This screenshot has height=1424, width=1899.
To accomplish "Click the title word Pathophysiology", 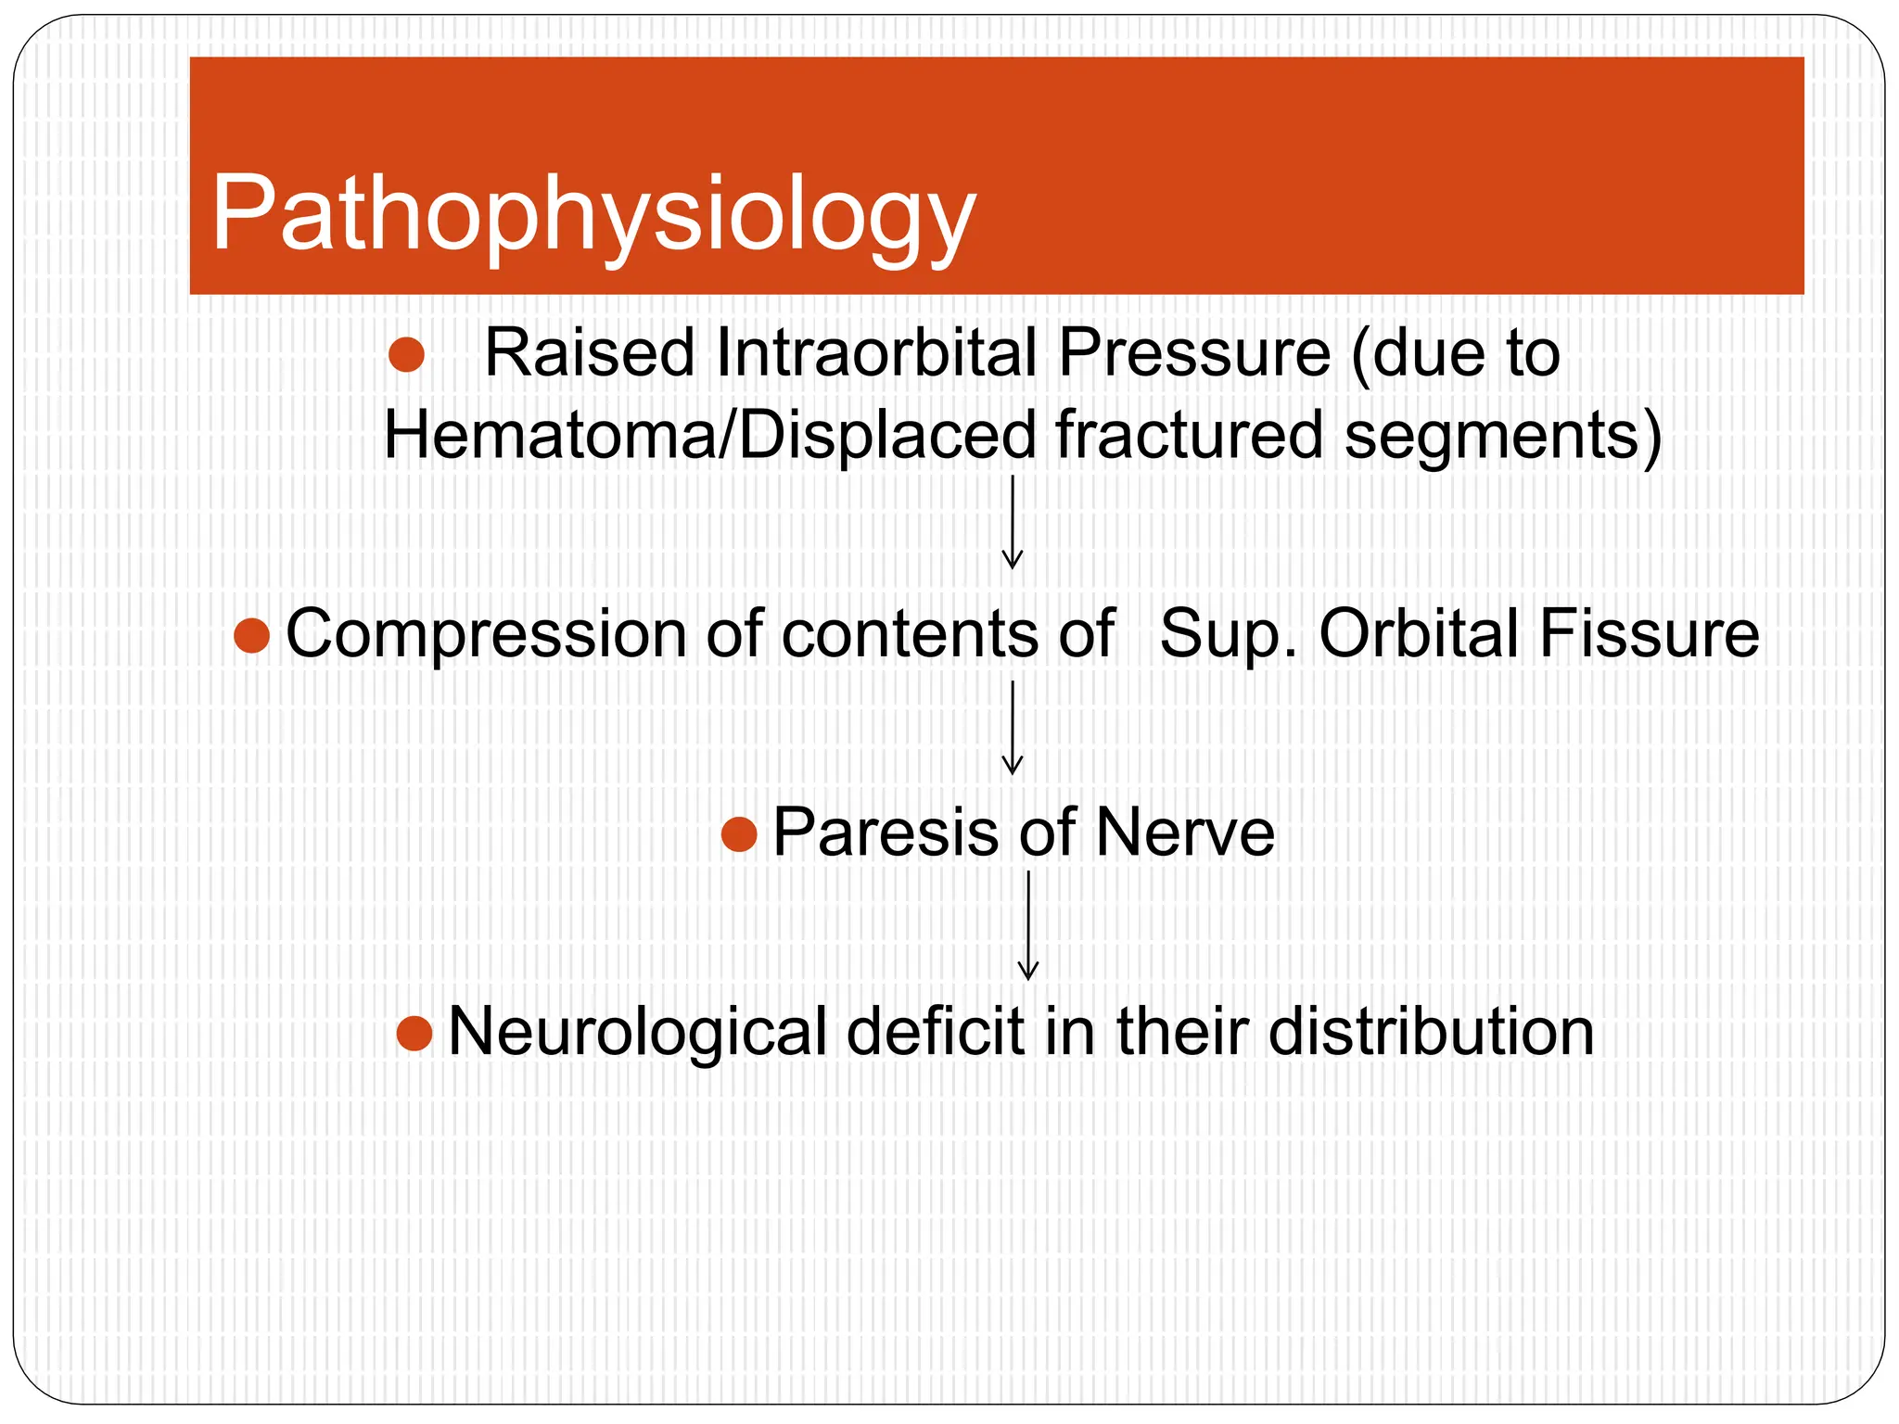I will pos(593,215).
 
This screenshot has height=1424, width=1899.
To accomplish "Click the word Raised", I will pos(589,353).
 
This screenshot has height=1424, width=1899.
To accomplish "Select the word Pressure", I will pos(1194,353).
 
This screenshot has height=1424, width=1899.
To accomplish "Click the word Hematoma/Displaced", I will pos(709,436).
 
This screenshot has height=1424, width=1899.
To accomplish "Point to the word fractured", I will pos(1189,436).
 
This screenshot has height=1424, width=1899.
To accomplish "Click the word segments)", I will pos(1503,436).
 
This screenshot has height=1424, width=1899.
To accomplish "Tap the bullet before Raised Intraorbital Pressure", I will pos(406,354).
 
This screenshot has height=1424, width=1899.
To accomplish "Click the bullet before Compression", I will pos(251,636).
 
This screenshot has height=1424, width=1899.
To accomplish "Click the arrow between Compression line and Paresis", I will pos(1013,728).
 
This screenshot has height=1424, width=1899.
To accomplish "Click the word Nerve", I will pos(1184,832).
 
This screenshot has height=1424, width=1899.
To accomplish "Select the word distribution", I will pos(1431,1032).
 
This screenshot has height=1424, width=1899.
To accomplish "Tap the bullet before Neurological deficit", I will pos(414,1033).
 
